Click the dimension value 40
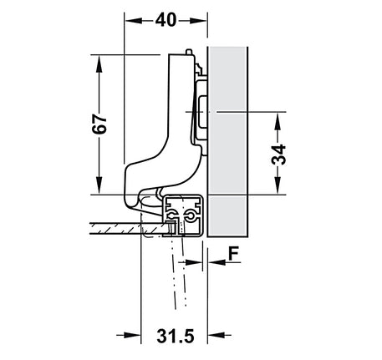click(166, 20)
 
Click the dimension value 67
click(99, 124)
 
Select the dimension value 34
click(278, 155)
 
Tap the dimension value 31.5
click(176, 336)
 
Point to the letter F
click(234, 254)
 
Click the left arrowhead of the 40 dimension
click(134, 21)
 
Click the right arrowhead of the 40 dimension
click(198, 21)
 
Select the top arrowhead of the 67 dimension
click(99, 63)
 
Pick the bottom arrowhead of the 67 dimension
click(99, 185)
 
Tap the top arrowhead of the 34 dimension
click(278, 120)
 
